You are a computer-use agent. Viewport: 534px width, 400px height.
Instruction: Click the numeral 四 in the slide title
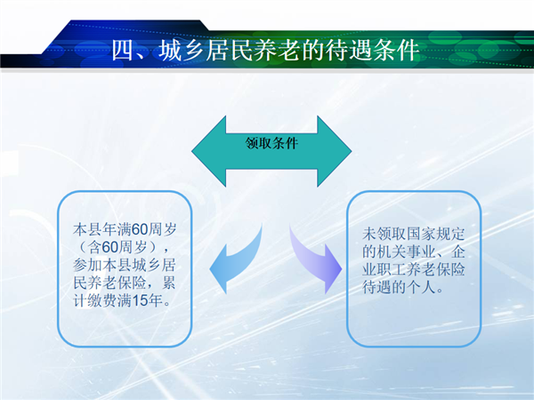tap(122, 51)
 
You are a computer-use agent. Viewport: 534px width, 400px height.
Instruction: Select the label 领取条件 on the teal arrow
tap(271, 143)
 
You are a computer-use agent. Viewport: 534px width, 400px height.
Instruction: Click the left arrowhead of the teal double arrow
tap(208, 151)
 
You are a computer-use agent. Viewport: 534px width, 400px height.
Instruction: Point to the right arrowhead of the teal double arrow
tap(335, 151)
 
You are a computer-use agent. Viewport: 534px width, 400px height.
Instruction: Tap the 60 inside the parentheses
tap(109, 247)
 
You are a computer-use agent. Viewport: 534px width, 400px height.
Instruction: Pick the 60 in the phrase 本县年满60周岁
tap(140, 229)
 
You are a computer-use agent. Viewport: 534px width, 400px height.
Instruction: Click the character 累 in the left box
tap(169, 283)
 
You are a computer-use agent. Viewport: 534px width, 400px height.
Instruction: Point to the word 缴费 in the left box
tap(102, 301)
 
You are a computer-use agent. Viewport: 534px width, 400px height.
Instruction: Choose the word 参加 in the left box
tap(87, 265)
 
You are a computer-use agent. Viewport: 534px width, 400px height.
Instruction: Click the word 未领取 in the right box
tap(384, 234)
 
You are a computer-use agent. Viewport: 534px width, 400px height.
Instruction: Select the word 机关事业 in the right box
tap(406, 252)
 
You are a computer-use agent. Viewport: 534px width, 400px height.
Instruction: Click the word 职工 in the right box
tap(392, 269)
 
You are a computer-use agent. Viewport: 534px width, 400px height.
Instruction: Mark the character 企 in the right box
tap(457, 252)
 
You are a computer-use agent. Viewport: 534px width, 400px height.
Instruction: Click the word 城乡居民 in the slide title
tap(205, 51)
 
